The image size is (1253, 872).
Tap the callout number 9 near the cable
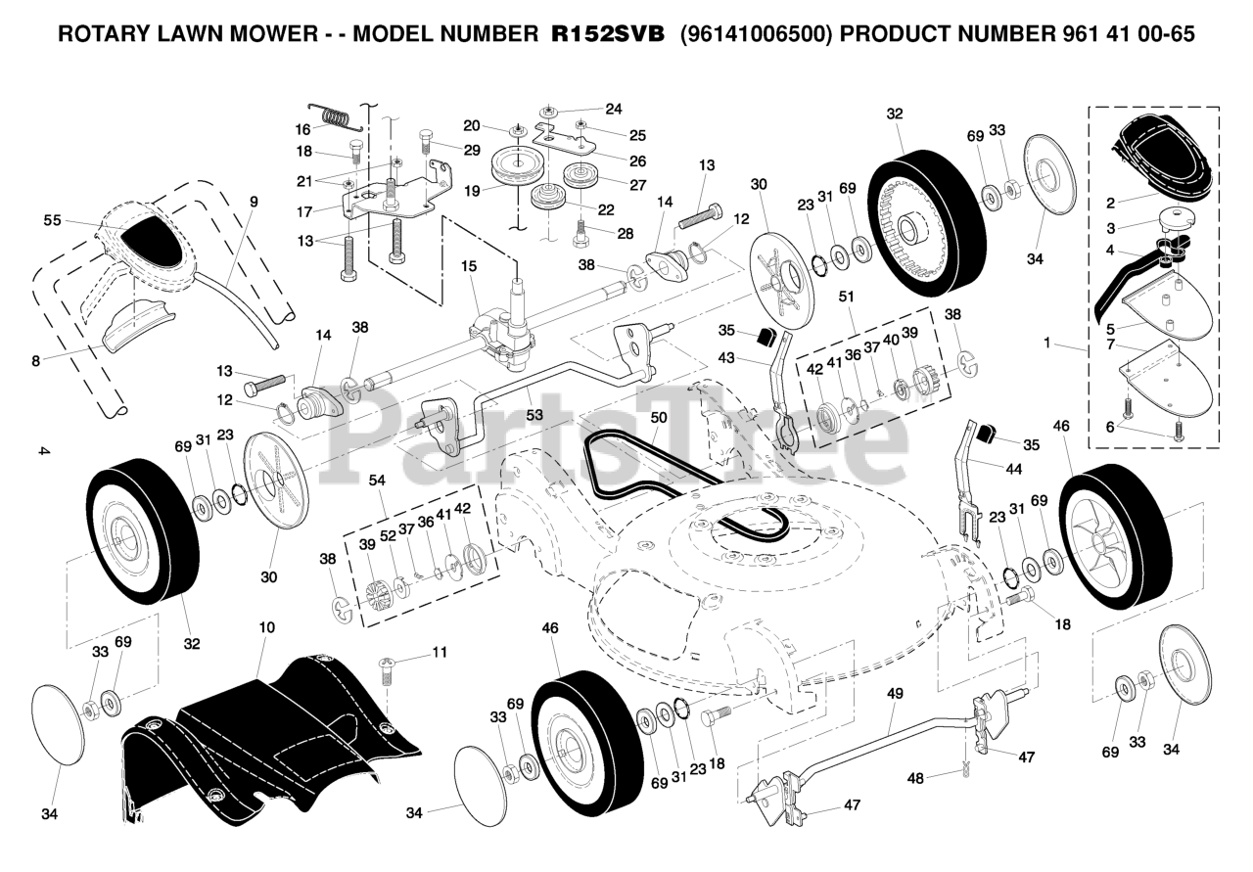click(254, 203)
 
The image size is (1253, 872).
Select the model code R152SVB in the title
click(608, 33)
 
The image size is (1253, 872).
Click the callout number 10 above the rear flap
click(267, 626)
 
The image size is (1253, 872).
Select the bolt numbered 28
click(580, 232)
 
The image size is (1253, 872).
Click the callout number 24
click(613, 109)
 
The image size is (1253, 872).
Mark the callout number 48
click(915, 779)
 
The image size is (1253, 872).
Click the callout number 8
click(36, 360)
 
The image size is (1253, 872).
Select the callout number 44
click(1014, 469)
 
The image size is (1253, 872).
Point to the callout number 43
click(727, 357)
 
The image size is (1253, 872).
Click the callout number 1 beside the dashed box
click(1047, 344)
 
